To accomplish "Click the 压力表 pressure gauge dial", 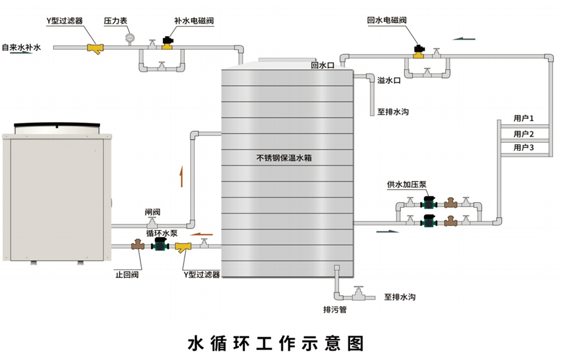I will pyautogui.click(x=129, y=38).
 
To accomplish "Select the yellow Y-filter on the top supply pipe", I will pyautogui.click(x=96, y=48).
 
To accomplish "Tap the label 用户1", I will pyautogui.click(x=523, y=118).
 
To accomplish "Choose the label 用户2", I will pyautogui.click(x=523, y=134).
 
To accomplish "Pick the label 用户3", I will pyautogui.click(x=523, y=148).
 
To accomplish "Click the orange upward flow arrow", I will pyautogui.click(x=181, y=177).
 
